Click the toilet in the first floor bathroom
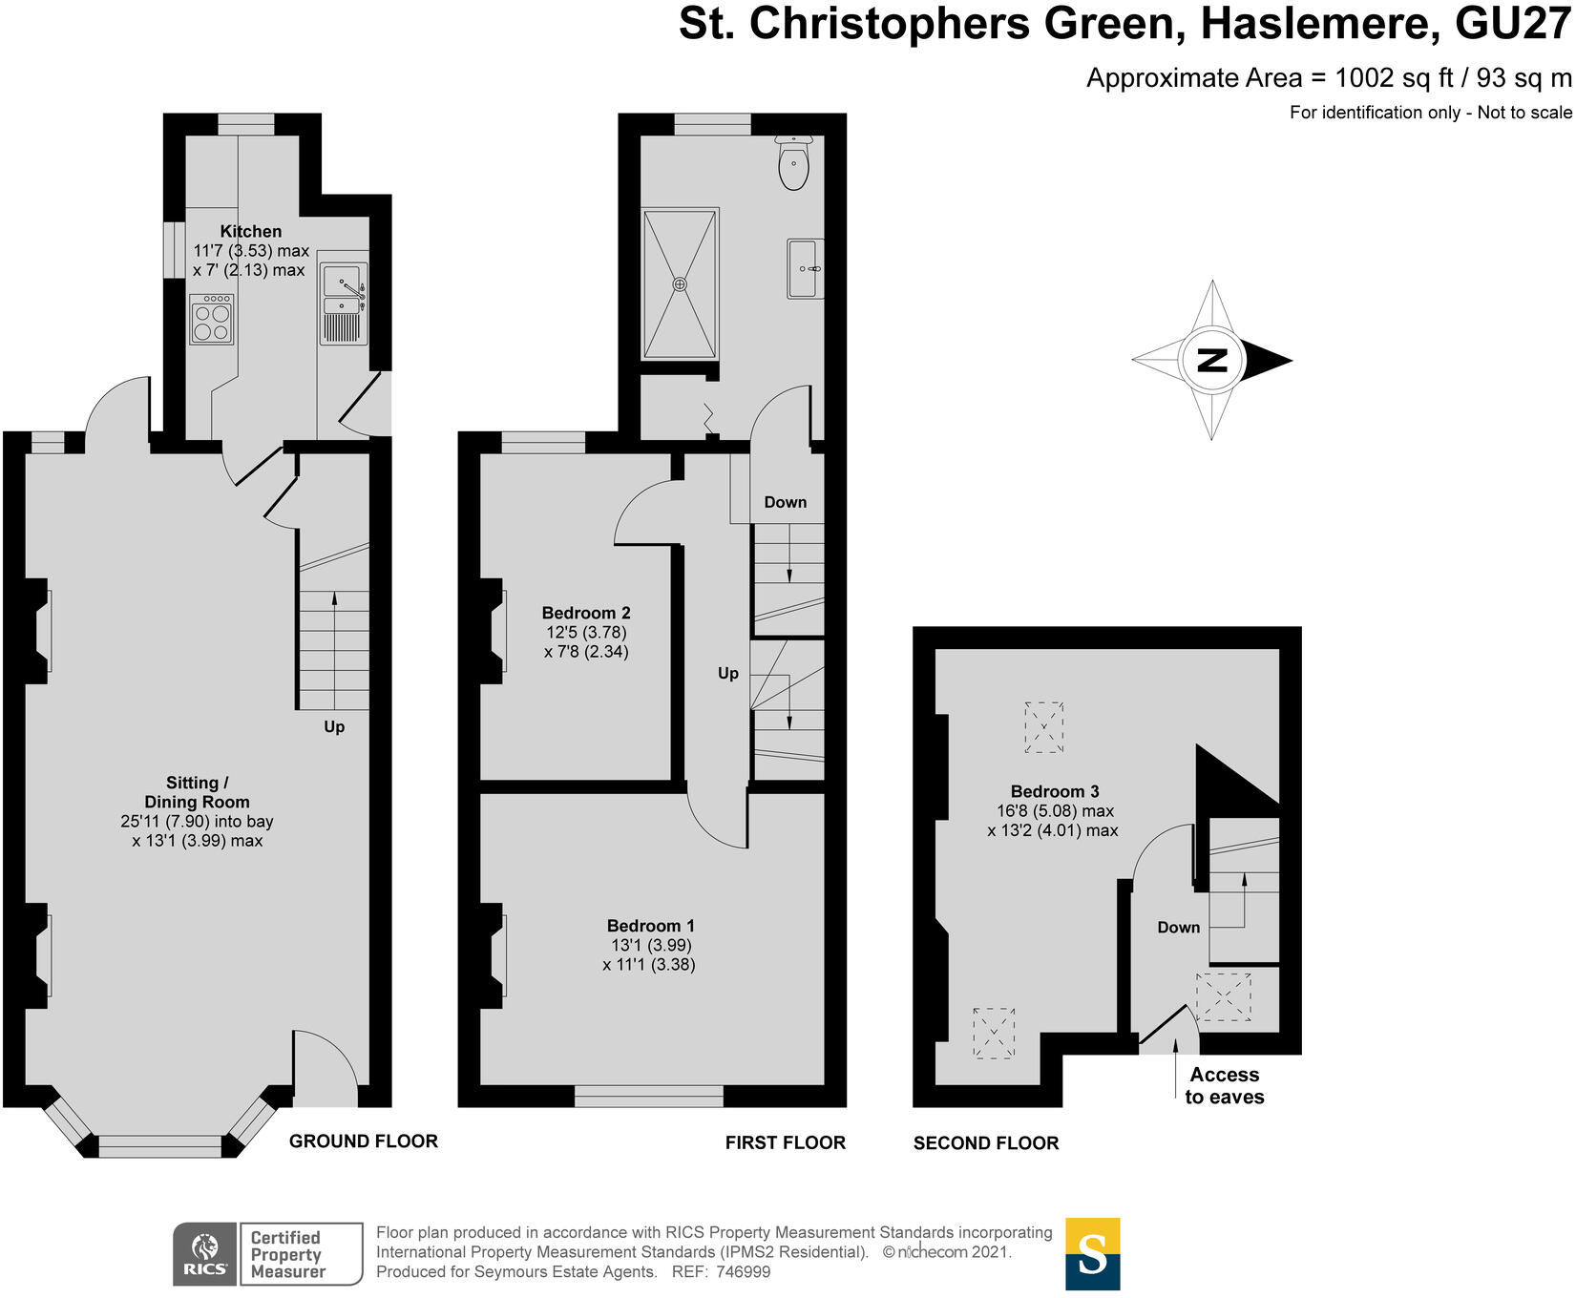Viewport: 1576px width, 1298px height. tap(793, 164)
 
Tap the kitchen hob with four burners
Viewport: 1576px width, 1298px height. tap(212, 320)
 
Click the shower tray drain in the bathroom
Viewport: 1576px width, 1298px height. tap(680, 284)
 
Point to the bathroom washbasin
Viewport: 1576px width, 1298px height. tap(804, 269)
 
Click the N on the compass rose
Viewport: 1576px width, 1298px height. tap(1211, 361)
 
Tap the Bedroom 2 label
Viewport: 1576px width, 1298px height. tap(586, 614)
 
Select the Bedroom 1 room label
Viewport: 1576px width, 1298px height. tap(650, 926)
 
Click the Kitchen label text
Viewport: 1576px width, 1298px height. tap(251, 231)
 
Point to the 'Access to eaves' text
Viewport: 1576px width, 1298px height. tap(1224, 1086)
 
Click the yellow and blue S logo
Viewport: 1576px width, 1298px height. tap(1092, 1254)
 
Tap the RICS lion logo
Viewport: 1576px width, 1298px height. tap(205, 1246)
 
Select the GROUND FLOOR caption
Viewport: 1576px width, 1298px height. tap(363, 1141)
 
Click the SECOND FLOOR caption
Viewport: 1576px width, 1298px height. tap(985, 1143)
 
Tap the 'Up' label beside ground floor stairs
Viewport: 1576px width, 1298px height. tap(334, 727)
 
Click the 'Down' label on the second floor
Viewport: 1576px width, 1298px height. tap(1178, 928)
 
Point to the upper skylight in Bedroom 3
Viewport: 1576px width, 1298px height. tap(1044, 727)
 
